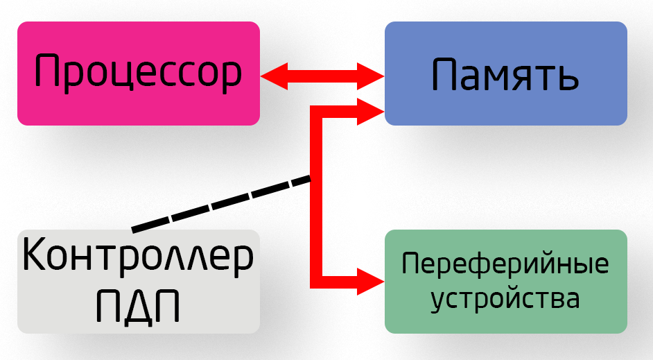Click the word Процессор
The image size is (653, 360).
pyautogui.click(x=138, y=73)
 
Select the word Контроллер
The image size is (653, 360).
pyautogui.click(x=138, y=257)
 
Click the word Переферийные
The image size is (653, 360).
pyautogui.click(x=505, y=264)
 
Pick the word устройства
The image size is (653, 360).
pyautogui.click(x=505, y=300)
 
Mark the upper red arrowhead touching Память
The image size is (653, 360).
pyautogui.click(x=371, y=75)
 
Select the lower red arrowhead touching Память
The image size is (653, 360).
pyautogui.click(x=371, y=112)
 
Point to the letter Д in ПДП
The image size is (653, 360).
pyautogui.click(x=138, y=305)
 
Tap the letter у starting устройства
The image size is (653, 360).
pyautogui.click(x=439, y=302)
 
